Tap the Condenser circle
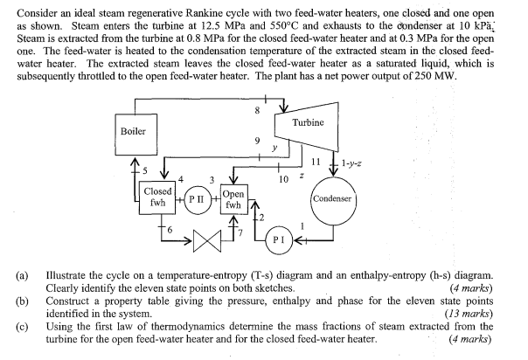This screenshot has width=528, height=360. [335, 198]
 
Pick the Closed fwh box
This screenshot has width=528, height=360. [158, 197]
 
